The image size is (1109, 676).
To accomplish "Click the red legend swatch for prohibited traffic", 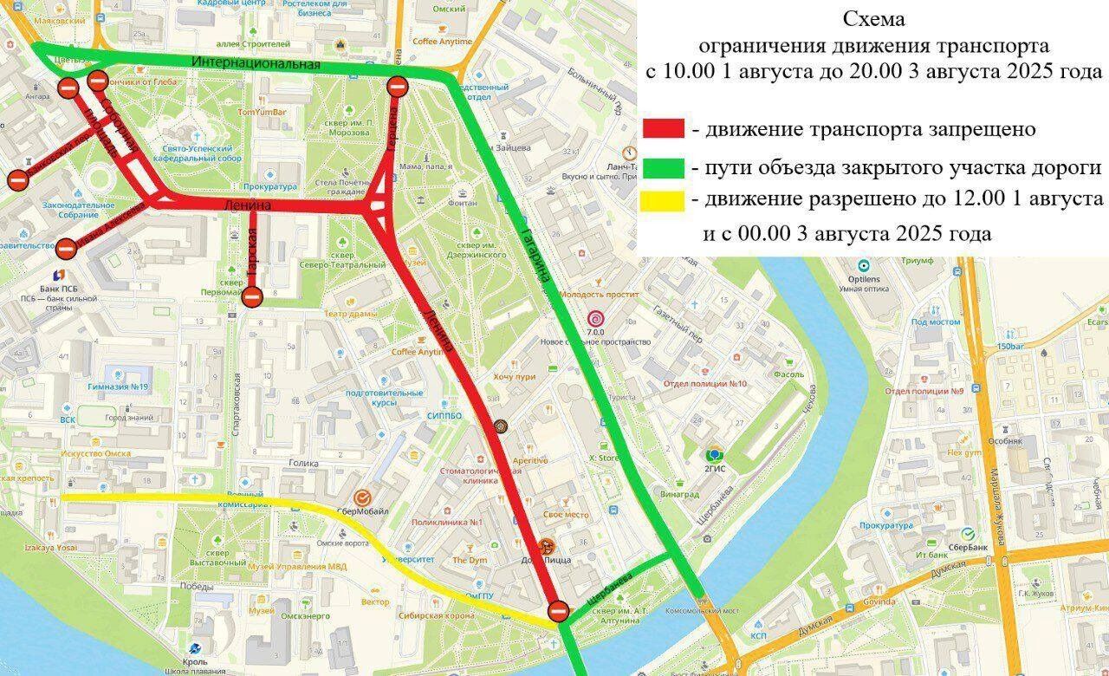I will [x=664, y=130].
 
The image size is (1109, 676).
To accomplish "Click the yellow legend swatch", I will [x=664, y=200].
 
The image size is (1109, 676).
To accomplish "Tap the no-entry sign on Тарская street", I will [x=252, y=297].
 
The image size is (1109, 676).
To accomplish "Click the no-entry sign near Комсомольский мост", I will [x=559, y=612].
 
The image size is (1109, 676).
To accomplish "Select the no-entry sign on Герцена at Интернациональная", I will [x=397, y=86].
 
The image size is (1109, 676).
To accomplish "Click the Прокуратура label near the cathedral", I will [x=270, y=186].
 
